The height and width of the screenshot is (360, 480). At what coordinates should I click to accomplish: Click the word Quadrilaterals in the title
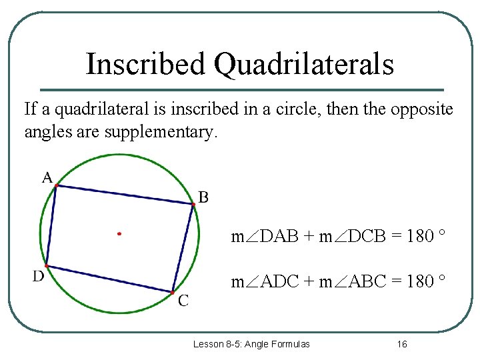(x=303, y=65)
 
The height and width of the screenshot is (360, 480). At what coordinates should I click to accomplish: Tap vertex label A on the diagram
(x=47, y=177)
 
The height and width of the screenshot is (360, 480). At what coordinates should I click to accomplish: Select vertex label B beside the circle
(x=204, y=197)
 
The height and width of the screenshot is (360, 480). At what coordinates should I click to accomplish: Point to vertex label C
(x=183, y=301)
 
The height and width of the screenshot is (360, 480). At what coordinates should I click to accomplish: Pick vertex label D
(x=39, y=276)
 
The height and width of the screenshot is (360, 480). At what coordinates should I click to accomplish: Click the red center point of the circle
(x=119, y=234)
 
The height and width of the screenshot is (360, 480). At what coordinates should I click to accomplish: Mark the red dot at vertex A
(x=57, y=185)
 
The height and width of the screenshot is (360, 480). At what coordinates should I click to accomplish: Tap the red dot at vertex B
(x=193, y=205)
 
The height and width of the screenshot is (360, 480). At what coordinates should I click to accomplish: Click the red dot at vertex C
(x=172, y=292)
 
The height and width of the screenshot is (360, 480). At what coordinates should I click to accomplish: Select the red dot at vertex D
(x=46, y=265)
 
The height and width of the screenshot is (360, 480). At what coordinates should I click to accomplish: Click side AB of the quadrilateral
(x=125, y=195)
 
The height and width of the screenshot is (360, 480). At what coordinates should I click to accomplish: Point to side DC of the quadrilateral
(x=109, y=279)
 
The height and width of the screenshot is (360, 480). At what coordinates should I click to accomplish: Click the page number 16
(x=401, y=344)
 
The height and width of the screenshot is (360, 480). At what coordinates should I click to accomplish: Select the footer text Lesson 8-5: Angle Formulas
(x=251, y=344)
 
